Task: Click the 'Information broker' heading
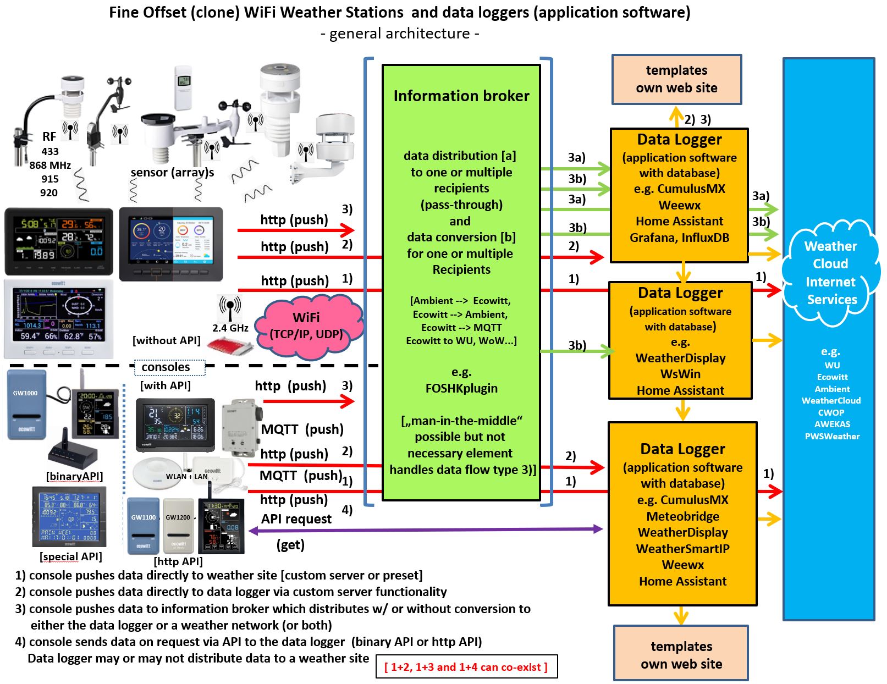tap(461, 96)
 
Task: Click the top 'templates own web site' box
tap(676, 79)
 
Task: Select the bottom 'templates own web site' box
tap(681, 654)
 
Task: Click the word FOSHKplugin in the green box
tap(461, 388)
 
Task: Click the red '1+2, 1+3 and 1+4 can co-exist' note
tap(466, 667)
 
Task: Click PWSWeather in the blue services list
tap(832, 437)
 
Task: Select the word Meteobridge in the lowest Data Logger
tap(682, 516)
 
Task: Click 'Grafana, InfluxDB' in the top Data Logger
tap(679, 238)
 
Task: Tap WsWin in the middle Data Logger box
tap(680, 374)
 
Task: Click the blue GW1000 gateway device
tap(26, 406)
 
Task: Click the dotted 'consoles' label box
tap(169, 367)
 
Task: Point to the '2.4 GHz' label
tap(230, 328)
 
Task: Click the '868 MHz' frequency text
tap(50, 165)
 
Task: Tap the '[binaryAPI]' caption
tap(74, 476)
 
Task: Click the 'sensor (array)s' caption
tap(172, 173)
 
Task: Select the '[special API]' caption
tap(71, 556)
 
